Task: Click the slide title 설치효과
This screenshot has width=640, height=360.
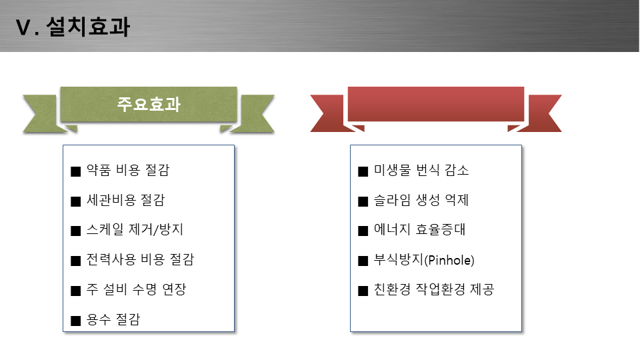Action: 88,27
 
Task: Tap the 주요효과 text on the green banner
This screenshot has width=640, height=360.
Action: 149,104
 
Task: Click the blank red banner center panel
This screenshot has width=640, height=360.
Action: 436,104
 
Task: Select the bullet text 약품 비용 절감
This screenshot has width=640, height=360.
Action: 128,170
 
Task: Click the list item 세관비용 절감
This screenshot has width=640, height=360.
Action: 126,200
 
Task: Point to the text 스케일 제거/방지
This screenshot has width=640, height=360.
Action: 135,229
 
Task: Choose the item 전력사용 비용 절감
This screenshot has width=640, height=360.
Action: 141,259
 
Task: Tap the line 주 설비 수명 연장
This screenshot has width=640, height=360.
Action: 136,289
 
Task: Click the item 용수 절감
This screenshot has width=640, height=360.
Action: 113,319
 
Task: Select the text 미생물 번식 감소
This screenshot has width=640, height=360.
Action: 421,170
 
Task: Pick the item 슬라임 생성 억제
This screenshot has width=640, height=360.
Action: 421,200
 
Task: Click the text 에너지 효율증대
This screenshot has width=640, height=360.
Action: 419,229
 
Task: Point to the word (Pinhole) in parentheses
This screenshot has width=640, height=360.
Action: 449,260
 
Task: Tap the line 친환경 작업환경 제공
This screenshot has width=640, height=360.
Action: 434,289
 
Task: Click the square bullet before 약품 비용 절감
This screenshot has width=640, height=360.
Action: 76,171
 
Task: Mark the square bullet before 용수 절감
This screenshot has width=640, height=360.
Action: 76,321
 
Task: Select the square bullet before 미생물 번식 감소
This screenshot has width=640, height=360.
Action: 363,171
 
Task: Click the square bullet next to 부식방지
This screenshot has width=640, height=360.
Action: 363,261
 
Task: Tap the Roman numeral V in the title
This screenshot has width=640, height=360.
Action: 23,28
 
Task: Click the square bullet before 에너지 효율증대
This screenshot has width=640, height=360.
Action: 363,231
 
